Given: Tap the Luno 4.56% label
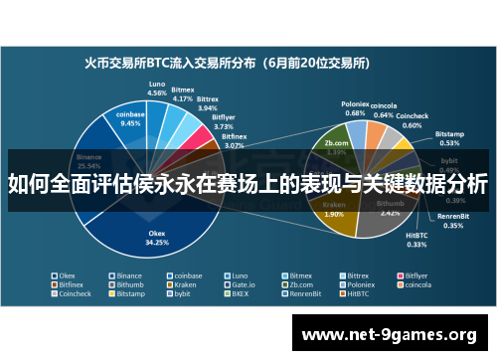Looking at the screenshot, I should (x=157, y=88).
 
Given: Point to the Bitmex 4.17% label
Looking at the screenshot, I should (x=183, y=95).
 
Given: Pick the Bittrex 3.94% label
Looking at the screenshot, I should (x=207, y=104).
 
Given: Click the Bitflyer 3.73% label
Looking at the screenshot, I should (x=224, y=122).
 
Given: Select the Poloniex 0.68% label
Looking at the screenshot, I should (x=355, y=108).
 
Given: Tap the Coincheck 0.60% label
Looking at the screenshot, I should (x=412, y=121).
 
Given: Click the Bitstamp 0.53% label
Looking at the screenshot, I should (x=449, y=137).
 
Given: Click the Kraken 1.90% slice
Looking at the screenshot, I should (x=334, y=210).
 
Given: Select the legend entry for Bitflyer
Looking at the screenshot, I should (x=410, y=274).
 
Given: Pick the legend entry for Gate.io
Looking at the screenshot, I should (x=235, y=284).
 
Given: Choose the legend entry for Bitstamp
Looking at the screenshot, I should (x=130, y=294).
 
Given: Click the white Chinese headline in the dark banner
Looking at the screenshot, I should (x=248, y=184).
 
